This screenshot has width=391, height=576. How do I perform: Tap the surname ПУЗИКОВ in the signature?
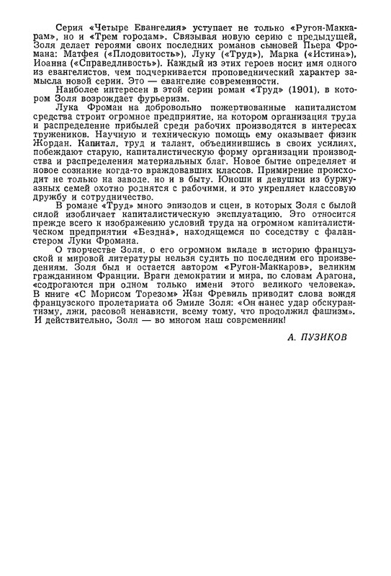[318, 356]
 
